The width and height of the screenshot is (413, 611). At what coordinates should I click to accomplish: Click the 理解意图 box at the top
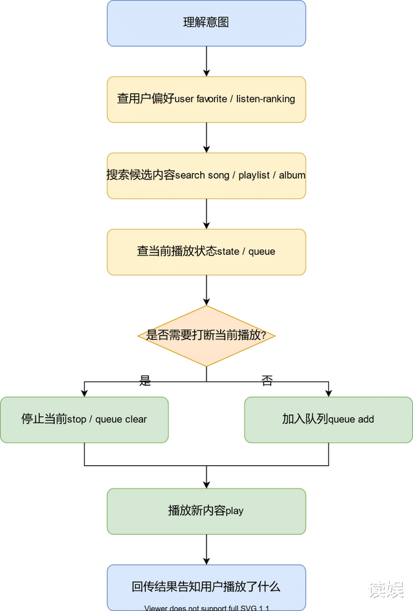(x=206, y=23)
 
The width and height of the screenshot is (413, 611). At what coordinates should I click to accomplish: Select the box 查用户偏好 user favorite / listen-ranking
(x=206, y=99)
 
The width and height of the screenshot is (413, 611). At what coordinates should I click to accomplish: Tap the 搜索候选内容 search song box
(x=206, y=175)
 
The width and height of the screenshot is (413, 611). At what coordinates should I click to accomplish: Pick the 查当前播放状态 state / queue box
(x=206, y=251)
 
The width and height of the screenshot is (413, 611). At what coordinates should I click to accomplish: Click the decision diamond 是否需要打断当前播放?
(x=206, y=336)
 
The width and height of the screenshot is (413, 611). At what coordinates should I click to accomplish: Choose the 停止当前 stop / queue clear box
(x=84, y=419)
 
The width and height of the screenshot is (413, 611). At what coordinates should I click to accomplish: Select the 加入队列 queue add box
(x=328, y=419)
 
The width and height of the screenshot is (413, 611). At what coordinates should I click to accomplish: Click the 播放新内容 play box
(x=206, y=511)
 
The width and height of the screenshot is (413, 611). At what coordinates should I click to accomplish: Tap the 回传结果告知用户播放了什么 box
(x=206, y=586)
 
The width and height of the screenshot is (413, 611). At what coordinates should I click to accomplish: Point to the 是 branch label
(x=145, y=381)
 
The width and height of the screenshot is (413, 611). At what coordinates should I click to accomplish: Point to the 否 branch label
(x=267, y=381)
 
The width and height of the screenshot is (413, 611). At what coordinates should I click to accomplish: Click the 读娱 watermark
(x=385, y=588)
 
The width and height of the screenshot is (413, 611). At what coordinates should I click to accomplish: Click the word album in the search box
(x=292, y=175)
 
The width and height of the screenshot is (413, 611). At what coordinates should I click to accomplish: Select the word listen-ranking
(x=265, y=99)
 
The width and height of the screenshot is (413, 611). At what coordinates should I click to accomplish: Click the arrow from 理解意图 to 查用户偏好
(x=206, y=62)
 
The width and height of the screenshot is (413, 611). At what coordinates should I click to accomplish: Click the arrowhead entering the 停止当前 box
(x=84, y=392)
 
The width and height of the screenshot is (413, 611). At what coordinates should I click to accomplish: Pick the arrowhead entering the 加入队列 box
(x=328, y=392)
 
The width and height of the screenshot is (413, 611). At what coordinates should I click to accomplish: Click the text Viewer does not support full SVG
(x=206, y=608)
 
